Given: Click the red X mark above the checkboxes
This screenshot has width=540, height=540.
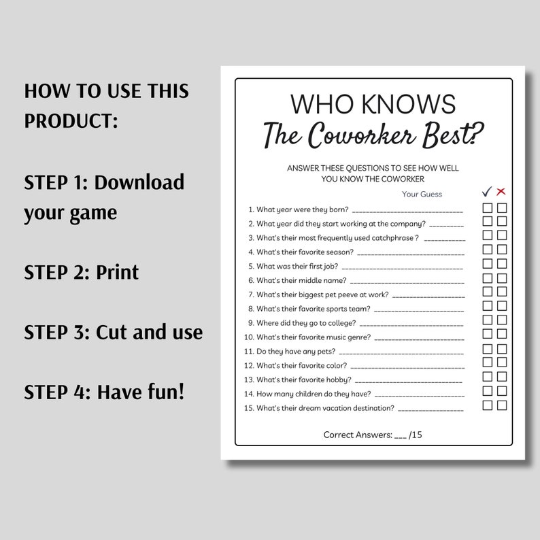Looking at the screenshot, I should [x=502, y=191].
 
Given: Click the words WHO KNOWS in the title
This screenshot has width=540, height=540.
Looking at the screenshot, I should [x=373, y=104].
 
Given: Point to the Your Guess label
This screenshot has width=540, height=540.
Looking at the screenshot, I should [x=422, y=194].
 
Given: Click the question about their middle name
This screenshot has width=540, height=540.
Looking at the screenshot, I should [x=301, y=280].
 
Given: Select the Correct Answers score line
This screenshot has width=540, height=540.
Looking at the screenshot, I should [x=373, y=434].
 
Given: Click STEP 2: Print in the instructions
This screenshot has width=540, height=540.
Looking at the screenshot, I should [x=81, y=272].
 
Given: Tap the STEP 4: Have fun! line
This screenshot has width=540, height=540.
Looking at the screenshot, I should [x=104, y=392].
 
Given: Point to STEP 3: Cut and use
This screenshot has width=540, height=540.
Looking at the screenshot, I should [x=113, y=332].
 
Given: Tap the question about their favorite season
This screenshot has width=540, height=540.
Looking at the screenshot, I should [x=305, y=252].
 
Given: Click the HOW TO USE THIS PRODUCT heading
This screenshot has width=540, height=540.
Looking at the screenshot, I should [x=106, y=106].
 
